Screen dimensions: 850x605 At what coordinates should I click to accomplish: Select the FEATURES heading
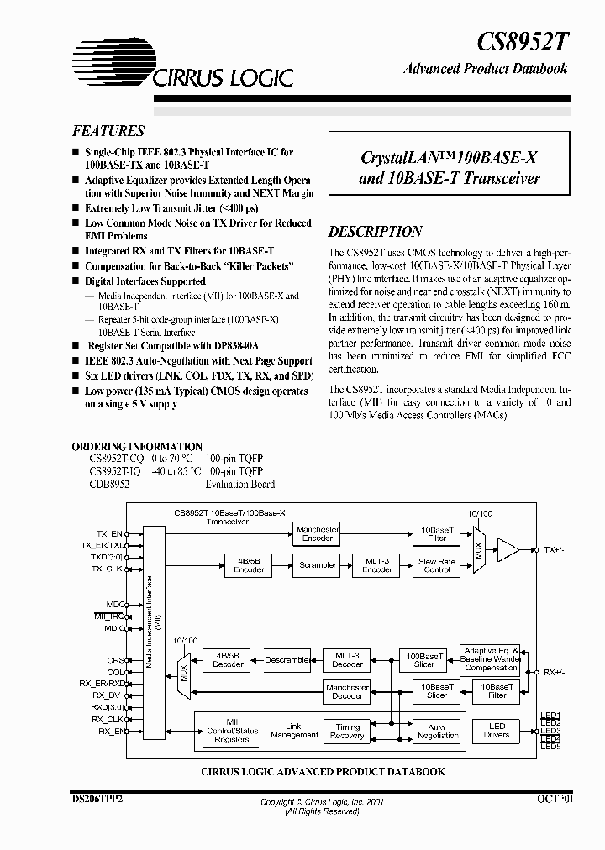tap(108, 131)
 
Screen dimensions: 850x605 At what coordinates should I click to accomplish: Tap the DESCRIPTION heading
tap(375, 232)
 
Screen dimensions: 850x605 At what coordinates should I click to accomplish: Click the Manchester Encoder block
tap(317, 533)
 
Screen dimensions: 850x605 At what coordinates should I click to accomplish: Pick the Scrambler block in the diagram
tap(318, 565)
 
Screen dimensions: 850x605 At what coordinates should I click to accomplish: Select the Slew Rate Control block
tap(437, 565)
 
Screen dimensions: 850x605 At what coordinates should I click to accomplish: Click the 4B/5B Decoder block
tap(228, 660)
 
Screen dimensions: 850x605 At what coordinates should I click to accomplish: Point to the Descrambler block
tap(287, 660)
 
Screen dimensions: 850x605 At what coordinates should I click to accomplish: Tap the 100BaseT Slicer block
tap(424, 660)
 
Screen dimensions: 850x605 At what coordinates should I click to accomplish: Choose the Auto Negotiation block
tap(437, 731)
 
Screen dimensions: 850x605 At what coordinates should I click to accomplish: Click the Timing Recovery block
tap(347, 731)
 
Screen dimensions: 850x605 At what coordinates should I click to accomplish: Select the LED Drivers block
tap(497, 731)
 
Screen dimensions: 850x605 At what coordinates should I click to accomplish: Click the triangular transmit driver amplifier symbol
tap(508, 550)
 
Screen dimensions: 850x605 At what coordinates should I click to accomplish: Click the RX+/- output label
tap(555, 672)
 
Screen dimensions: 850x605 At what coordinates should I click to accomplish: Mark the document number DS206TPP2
tap(97, 800)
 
